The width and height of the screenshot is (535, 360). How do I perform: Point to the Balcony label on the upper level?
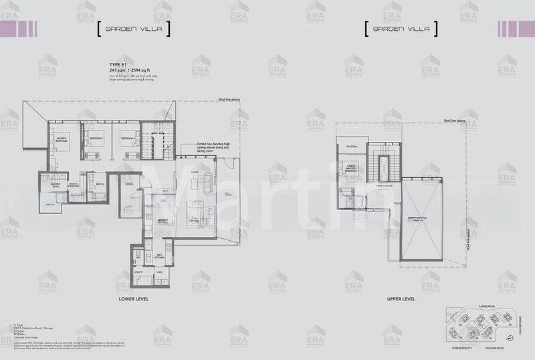point(352,147)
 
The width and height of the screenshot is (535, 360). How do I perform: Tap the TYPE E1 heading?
point(109,64)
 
